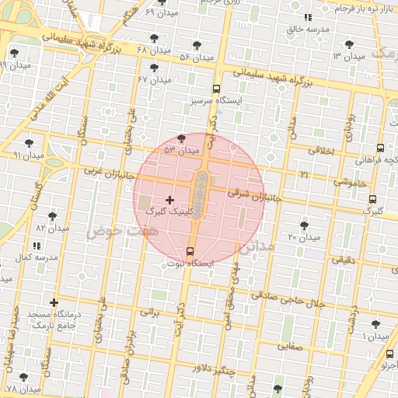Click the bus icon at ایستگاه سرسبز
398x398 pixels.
pos(216,89)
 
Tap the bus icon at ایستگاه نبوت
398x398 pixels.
pos(190,250)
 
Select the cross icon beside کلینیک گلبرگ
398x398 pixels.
pos(170,200)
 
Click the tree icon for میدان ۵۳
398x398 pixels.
pos(182,138)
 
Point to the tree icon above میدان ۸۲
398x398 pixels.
pos(53,216)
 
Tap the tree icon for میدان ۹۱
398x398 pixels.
pos(30,143)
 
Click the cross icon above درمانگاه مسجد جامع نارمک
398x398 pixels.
pos(54,302)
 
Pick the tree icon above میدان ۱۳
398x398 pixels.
pos(347,44)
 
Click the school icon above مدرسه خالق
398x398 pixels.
pos(308,17)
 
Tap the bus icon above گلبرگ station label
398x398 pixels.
pos(373,199)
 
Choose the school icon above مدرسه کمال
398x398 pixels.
pos(32,246)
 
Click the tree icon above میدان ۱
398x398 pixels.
pos(376,324)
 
